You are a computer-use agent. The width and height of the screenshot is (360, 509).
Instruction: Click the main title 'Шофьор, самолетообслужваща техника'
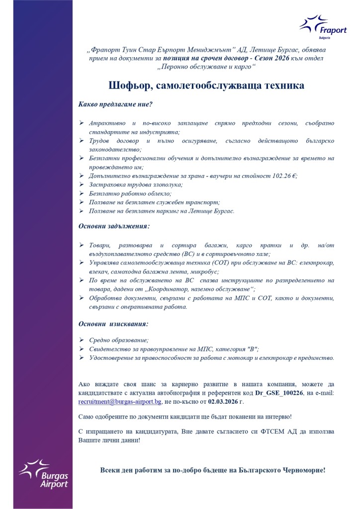(206, 85)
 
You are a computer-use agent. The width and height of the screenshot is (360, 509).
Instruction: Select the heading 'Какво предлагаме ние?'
(115, 105)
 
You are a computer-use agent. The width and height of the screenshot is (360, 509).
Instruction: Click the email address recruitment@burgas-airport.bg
(127, 401)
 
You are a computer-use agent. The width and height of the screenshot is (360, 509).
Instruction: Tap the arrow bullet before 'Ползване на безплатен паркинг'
(82, 211)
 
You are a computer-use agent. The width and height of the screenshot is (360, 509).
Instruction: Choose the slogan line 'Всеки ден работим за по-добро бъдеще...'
(213, 469)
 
